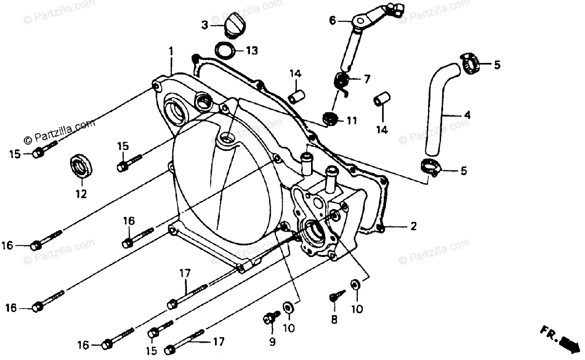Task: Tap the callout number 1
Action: click(x=171, y=50)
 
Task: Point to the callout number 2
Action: click(x=413, y=226)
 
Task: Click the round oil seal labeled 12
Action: click(x=80, y=165)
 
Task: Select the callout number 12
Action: click(x=81, y=194)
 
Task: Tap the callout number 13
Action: click(x=252, y=50)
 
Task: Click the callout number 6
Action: click(x=332, y=20)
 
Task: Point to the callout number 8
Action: click(x=334, y=320)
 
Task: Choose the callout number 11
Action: click(x=352, y=120)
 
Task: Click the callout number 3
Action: click(x=205, y=24)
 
